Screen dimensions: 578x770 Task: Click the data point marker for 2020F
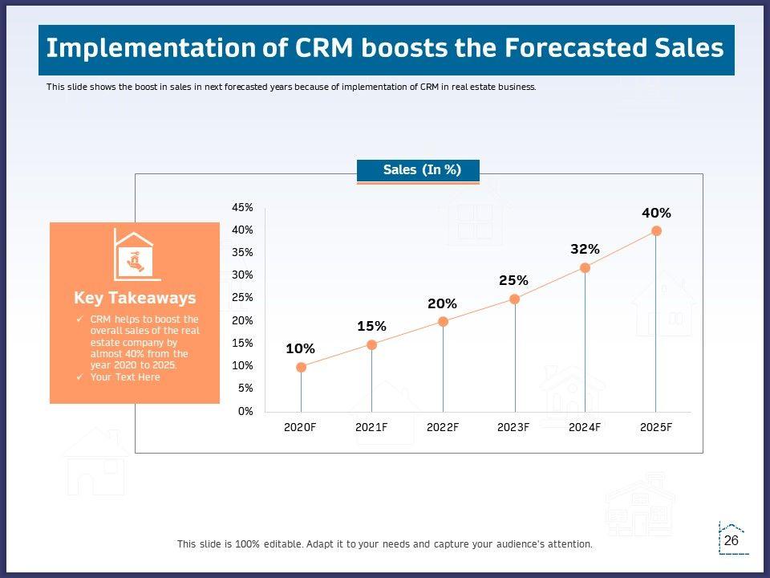coord(301,367)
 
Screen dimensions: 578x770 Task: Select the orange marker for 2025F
coord(656,230)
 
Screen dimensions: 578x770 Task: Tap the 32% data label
coord(585,249)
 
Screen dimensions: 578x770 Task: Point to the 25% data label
coord(513,280)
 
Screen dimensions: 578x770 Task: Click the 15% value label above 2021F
coord(371,326)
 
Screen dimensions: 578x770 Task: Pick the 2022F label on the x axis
coord(443,427)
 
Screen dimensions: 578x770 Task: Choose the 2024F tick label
coord(585,427)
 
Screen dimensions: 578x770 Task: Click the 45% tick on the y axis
coord(242,207)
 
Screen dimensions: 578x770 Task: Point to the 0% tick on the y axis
coord(245,411)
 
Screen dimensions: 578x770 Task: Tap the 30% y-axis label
coord(242,275)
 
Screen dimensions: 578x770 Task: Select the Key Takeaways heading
coord(135,298)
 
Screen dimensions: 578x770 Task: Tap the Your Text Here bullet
coord(125,377)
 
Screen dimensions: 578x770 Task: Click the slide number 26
coord(731,541)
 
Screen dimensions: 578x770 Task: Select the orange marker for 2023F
coord(514,299)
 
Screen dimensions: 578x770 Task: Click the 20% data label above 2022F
coord(442,303)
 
